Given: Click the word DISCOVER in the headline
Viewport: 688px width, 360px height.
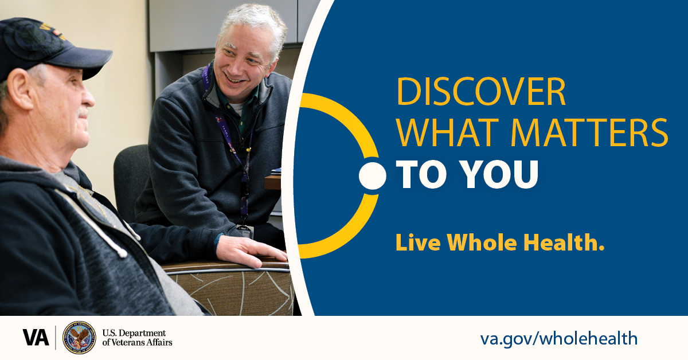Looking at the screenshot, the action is (x=481, y=92).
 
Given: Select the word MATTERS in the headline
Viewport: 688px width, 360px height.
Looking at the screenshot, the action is (x=590, y=132).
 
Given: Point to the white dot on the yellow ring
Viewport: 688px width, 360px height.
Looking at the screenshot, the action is (x=373, y=176).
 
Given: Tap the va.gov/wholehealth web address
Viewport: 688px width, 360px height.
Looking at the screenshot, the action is (x=558, y=339).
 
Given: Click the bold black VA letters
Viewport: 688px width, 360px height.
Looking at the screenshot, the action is (x=36, y=338).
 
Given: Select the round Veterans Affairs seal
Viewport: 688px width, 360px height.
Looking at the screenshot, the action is (x=79, y=338).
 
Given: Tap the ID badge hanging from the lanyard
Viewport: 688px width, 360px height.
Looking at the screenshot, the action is (x=245, y=232).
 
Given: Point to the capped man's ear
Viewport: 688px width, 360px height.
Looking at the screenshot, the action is (x=19, y=89).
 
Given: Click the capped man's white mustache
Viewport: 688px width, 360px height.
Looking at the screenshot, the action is (x=83, y=112).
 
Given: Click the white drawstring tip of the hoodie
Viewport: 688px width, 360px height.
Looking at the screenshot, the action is (x=122, y=252).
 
